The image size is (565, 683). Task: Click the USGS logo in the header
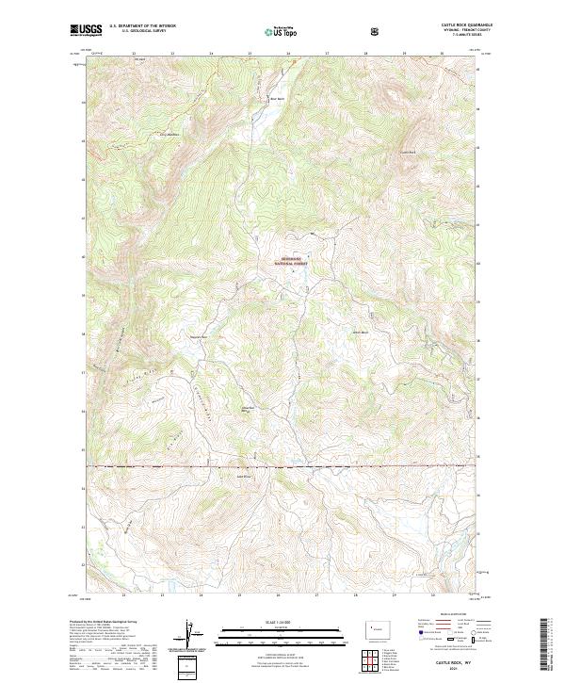pos(86,30)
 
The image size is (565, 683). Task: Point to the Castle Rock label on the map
pos(408,153)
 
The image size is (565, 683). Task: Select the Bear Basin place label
pos(277,98)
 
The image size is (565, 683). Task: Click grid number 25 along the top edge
pos(250,54)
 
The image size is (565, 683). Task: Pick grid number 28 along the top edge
pos(365,54)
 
